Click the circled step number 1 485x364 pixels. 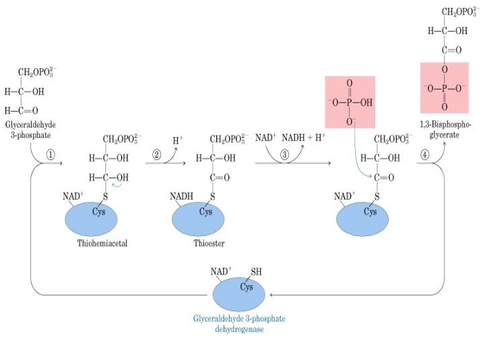51,154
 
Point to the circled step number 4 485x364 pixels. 424,154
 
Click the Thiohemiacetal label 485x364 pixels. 102,243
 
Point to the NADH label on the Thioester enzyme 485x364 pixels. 181,195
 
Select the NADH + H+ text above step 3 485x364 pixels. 303,138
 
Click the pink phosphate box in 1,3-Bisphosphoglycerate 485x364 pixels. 444,88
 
